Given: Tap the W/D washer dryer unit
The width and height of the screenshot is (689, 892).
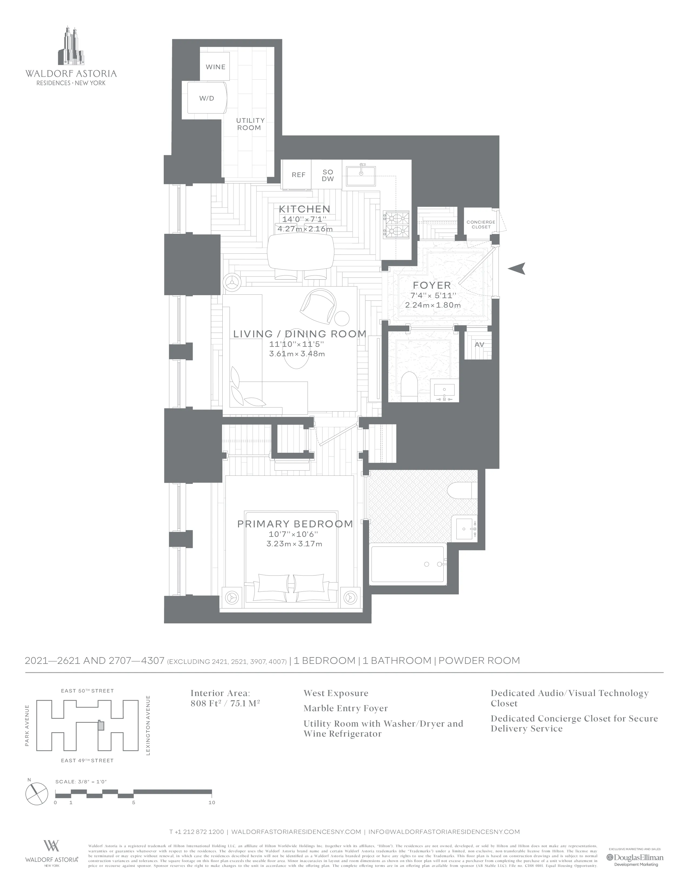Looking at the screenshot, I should click(206, 98).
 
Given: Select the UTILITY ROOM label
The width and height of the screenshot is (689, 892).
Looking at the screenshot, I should click(250, 124).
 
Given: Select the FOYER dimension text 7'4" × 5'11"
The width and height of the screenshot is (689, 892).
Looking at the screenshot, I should click(433, 295).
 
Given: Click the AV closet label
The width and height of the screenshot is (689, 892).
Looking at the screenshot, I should click(479, 344).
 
